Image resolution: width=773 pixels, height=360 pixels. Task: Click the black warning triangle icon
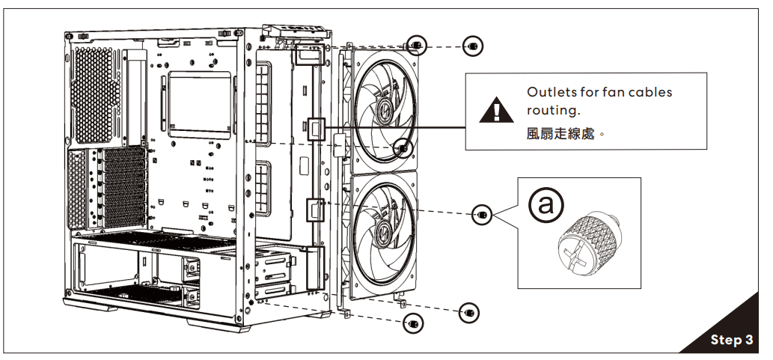pos(493,112)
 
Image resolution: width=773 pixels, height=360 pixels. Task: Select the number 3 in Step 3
pos(748,340)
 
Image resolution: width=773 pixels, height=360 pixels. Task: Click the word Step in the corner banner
pos(725,340)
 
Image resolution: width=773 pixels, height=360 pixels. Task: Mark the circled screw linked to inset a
pos(483,215)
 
